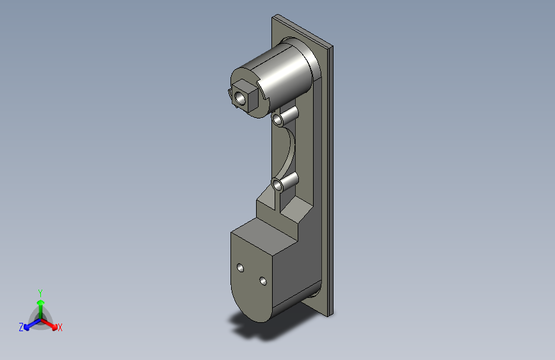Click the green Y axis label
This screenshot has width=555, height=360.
[40, 293]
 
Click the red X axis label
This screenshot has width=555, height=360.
[60, 327]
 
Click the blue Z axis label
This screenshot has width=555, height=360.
[21, 327]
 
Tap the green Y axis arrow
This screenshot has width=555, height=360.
[41, 309]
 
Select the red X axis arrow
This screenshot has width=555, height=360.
[49, 324]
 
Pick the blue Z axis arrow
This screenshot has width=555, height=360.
[32, 324]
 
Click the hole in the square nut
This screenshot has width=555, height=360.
[240, 97]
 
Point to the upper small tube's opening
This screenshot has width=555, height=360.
[278, 119]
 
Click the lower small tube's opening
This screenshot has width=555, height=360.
[277, 184]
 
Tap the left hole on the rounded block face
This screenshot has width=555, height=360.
[240, 268]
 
